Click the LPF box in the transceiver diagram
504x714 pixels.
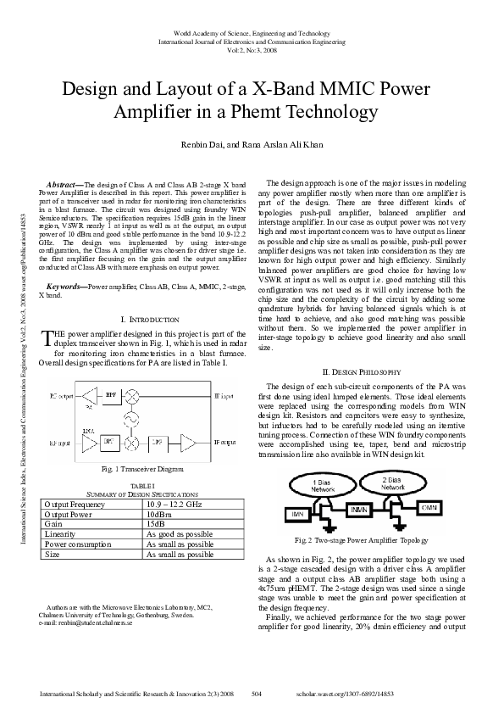[158, 442]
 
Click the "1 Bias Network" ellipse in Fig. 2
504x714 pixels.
[325, 486]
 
